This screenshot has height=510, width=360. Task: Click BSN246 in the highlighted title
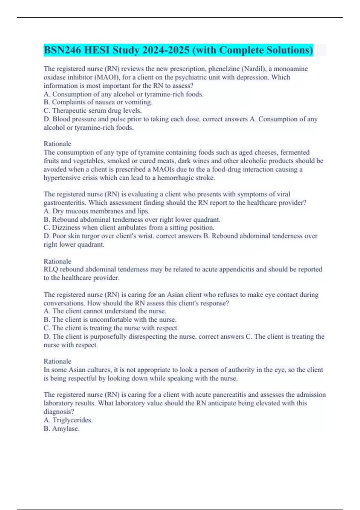point(62,50)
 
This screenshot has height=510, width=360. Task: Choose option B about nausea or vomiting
point(98,102)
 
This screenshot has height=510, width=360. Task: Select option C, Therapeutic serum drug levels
point(92,111)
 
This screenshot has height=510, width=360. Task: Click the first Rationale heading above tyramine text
point(57,144)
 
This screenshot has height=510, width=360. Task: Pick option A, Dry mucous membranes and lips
point(96,211)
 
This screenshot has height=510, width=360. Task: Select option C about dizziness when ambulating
point(129,228)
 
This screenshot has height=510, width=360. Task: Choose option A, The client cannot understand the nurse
point(105,311)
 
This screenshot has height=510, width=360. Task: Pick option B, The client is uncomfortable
point(110,319)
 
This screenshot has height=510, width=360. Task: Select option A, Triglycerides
point(68,420)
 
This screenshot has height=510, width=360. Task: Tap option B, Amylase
point(61,429)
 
